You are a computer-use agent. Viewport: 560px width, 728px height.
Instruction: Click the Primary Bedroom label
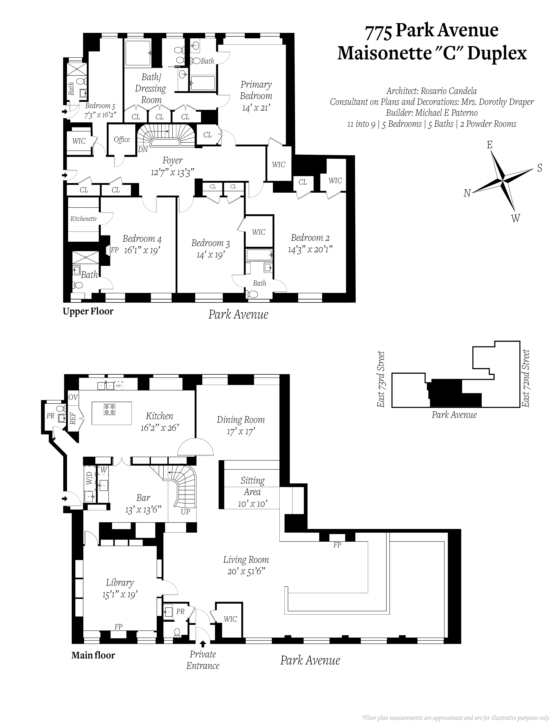point(256,90)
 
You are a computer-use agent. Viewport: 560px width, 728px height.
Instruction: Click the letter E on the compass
point(489,145)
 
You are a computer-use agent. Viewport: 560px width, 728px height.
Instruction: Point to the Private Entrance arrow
point(203,644)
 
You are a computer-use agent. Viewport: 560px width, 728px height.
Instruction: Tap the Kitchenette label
point(84,219)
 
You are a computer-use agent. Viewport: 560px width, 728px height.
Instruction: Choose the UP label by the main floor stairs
point(185,512)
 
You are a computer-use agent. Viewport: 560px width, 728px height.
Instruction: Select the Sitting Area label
point(252,486)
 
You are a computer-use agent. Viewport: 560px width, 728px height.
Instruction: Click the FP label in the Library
point(118,627)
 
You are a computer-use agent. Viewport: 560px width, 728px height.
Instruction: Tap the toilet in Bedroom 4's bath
point(78,285)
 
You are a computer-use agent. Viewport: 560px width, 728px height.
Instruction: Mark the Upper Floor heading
point(88,311)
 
